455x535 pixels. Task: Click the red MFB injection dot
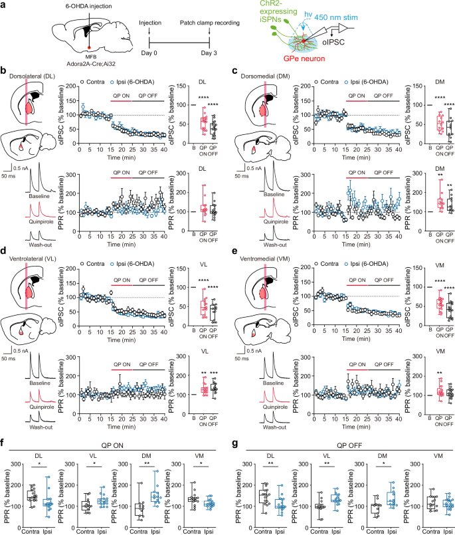click(89, 48)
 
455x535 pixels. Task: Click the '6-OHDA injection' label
click(89, 6)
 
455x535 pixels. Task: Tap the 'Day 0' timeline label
click(149, 53)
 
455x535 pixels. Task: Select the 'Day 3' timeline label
click(209, 53)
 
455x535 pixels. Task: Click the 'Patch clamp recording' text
click(210, 23)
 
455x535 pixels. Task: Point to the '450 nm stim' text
click(336, 17)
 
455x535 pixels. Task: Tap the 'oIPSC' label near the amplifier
click(333, 43)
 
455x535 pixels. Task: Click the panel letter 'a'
click(3, 5)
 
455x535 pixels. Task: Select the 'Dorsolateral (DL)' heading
click(32, 76)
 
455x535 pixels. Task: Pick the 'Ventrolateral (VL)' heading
click(33, 259)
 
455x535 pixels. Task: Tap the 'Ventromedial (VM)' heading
click(265, 259)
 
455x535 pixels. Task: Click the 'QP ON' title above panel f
click(112, 445)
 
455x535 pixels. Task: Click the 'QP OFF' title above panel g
click(349, 445)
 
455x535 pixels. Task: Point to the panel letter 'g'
click(234, 443)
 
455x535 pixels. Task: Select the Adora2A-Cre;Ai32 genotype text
click(89, 63)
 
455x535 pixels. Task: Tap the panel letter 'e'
click(234, 251)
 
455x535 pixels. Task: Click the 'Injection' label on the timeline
click(150, 23)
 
